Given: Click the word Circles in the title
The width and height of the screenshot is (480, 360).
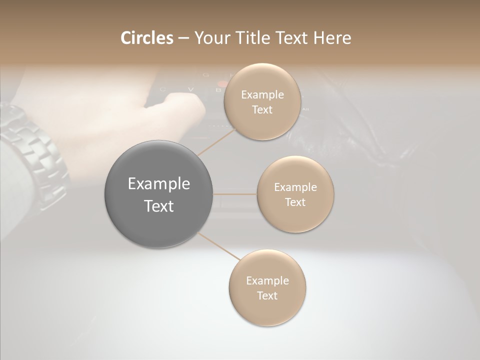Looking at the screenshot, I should click(146, 38).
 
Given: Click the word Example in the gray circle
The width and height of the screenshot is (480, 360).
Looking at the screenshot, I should click(159, 184).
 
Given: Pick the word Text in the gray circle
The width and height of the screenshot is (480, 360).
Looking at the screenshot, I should click(159, 206).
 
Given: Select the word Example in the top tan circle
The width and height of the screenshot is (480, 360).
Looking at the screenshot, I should click(262, 95).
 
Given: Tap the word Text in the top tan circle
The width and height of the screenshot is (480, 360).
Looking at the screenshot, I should click(262, 109).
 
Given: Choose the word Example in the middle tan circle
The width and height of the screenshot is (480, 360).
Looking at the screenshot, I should click(295, 187).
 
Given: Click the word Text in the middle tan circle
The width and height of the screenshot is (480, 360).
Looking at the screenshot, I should click(295, 202).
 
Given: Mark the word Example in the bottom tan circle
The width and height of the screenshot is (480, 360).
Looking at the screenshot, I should click(267, 281).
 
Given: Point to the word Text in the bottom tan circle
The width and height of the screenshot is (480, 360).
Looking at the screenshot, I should click(267, 295).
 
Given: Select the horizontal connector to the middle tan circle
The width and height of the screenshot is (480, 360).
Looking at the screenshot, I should click(235, 194).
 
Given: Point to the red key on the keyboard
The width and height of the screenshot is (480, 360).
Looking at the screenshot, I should click(221, 84).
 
